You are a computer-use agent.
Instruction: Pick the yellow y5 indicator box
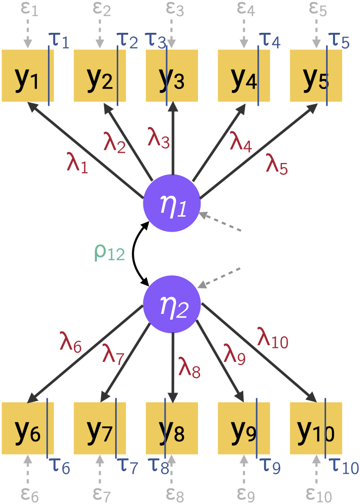(316, 75)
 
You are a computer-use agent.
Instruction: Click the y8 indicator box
(172, 428)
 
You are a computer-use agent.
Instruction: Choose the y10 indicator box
(316, 428)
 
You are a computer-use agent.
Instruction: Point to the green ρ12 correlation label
(109, 253)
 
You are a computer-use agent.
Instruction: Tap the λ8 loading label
(189, 367)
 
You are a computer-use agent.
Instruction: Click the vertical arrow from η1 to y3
(172, 141)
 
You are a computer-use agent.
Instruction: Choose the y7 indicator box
(100, 428)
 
